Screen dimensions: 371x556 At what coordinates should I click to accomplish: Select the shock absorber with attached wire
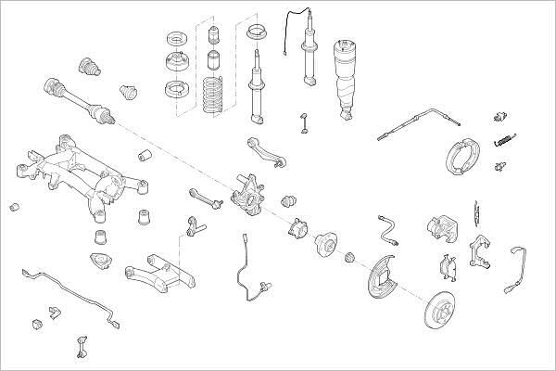pyautogui.click(x=305, y=56)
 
